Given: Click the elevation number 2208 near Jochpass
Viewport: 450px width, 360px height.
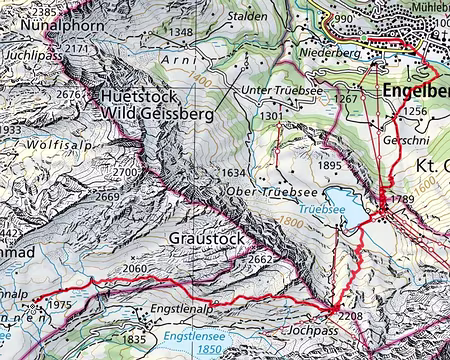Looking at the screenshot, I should [351, 316].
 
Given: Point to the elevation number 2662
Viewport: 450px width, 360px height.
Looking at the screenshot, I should [261, 260].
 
